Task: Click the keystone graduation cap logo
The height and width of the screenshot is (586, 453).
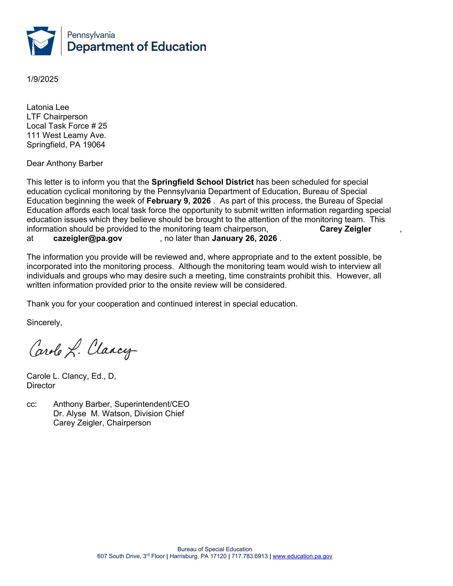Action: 41,41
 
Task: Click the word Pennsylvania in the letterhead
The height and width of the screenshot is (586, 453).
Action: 91,35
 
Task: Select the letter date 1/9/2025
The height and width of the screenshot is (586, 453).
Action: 42,79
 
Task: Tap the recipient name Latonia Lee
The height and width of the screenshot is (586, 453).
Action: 48,107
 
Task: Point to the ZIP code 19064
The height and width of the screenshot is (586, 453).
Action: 94,145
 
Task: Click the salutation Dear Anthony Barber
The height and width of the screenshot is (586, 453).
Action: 65,163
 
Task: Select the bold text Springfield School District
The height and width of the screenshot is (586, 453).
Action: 203,182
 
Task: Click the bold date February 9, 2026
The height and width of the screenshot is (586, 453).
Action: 179,201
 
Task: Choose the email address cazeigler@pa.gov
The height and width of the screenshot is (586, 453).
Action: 88,238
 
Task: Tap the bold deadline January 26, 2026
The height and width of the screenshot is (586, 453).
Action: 244,238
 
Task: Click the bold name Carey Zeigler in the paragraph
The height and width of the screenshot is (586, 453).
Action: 345,229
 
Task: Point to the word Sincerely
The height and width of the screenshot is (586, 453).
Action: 44,322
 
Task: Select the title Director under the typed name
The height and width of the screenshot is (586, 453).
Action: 41,385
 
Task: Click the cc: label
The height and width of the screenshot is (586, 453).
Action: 32,404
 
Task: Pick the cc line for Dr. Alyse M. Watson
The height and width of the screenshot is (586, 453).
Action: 118,413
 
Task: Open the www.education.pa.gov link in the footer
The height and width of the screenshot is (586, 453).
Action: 302,556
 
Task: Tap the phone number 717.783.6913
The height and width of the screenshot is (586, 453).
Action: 250,556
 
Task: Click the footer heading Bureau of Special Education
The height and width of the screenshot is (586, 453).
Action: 215,549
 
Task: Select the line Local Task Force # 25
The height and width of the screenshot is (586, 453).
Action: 67,126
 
